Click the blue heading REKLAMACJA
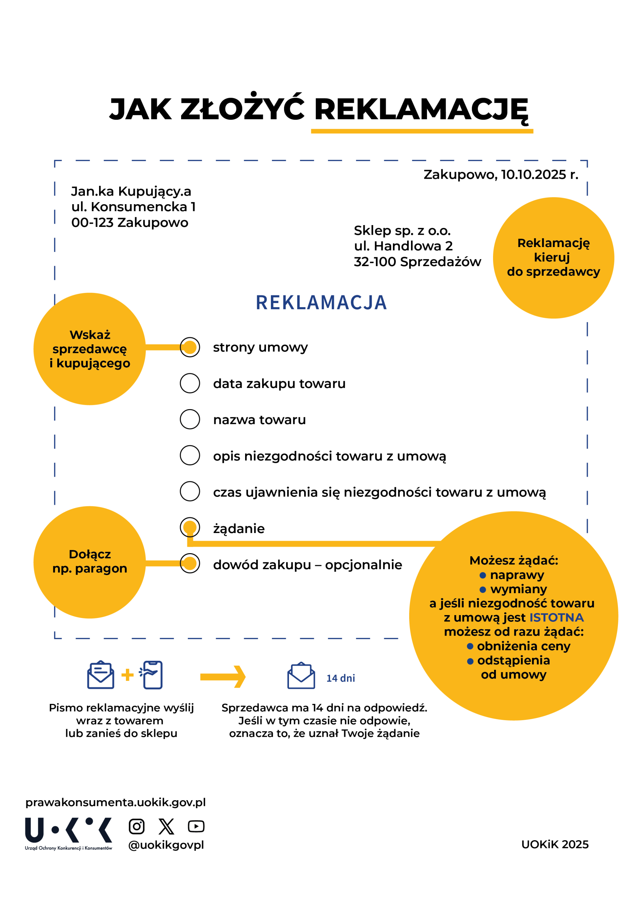[321, 303]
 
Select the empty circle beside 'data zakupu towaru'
[190, 383]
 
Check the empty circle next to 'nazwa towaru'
[190, 419]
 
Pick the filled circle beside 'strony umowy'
[190, 347]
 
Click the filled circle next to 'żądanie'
[190, 528]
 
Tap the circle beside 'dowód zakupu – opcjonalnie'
[190, 563]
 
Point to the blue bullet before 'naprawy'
[482, 575]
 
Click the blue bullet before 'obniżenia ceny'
[470, 646]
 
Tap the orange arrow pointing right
[223, 677]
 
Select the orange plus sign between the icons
[127, 675]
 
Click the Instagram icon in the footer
[137, 826]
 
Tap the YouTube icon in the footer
[196, 826]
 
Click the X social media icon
[166, 826]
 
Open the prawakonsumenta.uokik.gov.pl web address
[115, 802]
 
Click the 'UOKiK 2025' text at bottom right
[555, 844]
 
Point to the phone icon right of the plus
[152, 675]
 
